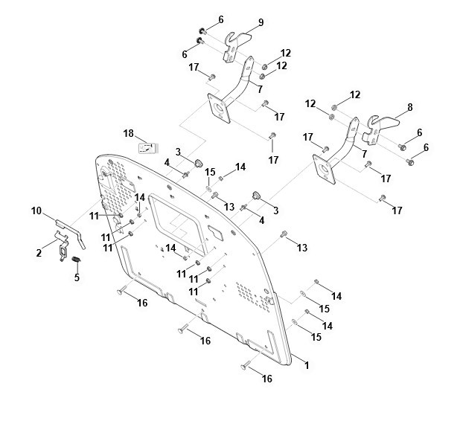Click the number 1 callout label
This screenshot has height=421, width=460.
point(307,365)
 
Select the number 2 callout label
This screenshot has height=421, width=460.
point(39,253)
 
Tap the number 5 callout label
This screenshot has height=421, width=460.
point(75,278)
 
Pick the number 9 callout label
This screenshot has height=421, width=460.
point(261,22)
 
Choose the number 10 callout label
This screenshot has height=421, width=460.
point(36,210)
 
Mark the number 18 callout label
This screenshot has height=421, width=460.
point(128,133)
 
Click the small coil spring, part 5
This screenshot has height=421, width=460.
point(75,258)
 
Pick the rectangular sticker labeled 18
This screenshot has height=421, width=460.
point(147,147)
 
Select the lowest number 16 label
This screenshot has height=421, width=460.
point(266,379)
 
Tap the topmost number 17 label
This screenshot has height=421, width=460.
point(194,68)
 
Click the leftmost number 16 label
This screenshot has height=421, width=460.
point(142,303)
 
